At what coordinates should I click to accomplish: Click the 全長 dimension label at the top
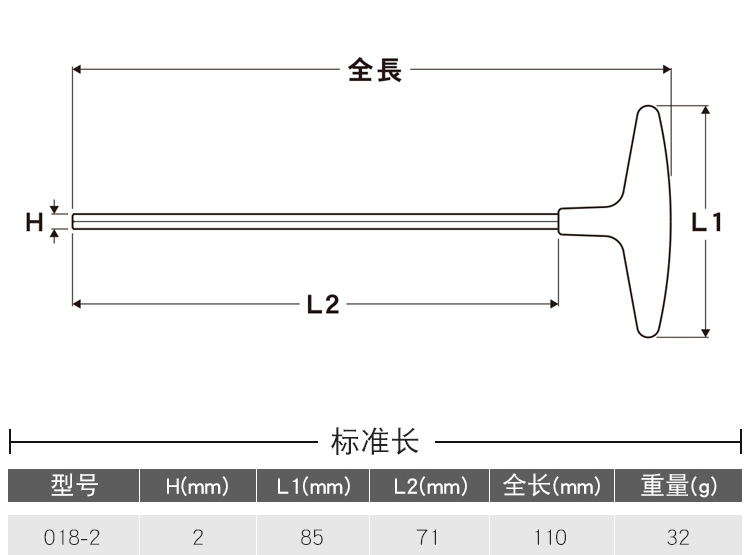(x=375, y=71)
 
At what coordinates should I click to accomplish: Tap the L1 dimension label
(x=706, y=223)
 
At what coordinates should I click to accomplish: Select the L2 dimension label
(x=322, y=305)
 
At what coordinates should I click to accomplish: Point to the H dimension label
(x=34, y=222)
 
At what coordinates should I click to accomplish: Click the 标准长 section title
(x=374, y=440)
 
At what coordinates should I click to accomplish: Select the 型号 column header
(x=74, y=487)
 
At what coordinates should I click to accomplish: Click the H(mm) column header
(x=197, y=487)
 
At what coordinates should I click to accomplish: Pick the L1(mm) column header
(x=313, y=487)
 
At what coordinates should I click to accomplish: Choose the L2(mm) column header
(x=429, y=487)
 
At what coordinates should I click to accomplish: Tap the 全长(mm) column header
(x=551, y=487)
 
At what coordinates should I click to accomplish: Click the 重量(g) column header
(x=679, y=487)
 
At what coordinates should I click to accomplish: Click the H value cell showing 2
(x=197, y=538)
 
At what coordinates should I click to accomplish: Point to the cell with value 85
(x=312, y=538)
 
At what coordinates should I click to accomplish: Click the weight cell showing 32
(x=678, y=538)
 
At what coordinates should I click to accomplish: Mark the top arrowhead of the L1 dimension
(x=706, y=110)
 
